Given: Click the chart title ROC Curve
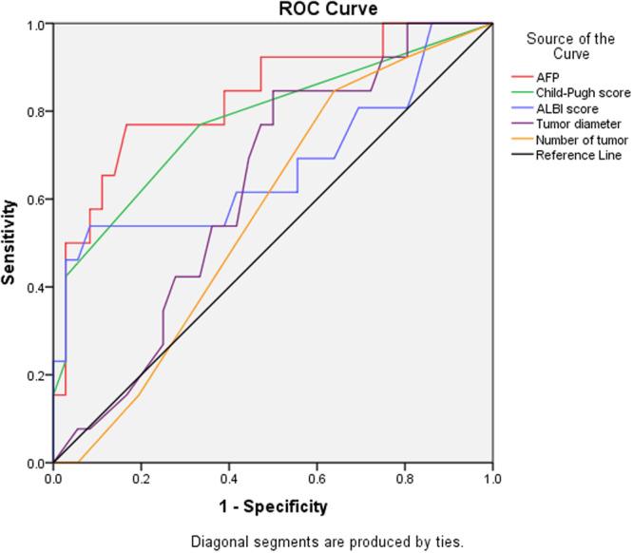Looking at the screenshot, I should (314, 9).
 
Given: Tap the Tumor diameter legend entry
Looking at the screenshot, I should (578, 124).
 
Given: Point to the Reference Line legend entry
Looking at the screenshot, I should (578, 155).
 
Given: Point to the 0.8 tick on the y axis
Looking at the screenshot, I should (35, 111).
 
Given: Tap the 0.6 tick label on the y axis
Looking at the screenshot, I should (35, 200).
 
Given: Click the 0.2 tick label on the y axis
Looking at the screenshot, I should (35, 375).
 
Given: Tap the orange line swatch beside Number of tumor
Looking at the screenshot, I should (519, 140).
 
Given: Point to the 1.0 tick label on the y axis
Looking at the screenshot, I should (35, 24).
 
